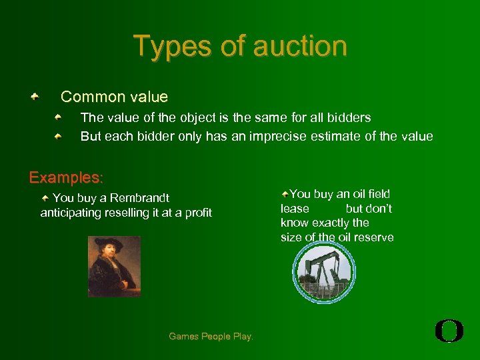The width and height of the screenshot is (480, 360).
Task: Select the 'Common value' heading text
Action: tap(114, 97)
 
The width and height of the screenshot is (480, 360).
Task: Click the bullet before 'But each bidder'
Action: tap(59, 137)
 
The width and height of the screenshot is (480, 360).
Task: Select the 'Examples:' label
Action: tap(66, 178)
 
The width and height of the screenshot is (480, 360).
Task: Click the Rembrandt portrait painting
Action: tap(114, 266)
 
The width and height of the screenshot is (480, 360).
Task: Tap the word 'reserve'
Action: tap(375, 237)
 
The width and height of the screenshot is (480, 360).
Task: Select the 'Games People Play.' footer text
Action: tap(211, 337)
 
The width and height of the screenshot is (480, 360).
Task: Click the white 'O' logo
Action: tap(449, 331)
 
